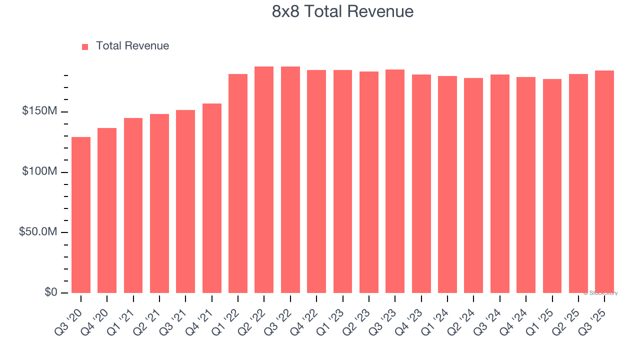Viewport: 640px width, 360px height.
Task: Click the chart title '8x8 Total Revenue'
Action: coord(342,11)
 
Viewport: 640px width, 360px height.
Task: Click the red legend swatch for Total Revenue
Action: coord(85,46)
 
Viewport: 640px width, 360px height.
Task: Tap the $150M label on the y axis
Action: coord(39,111)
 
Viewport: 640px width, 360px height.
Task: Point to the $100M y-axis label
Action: coord(39,171)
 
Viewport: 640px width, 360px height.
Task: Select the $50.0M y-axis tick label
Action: coord(37,232)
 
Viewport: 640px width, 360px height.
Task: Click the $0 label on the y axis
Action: coord(50,292)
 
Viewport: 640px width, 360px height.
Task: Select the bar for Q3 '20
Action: coord(81,215)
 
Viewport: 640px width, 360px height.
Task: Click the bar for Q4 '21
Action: coord(212,198)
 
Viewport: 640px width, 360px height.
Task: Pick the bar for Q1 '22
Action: coord(238,183)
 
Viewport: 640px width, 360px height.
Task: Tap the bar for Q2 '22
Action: coord(264,180)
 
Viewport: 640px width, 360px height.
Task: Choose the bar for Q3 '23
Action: coord(395,181)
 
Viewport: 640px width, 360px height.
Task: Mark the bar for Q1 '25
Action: coord(552,186)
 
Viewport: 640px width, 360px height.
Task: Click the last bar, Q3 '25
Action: coord(604,181)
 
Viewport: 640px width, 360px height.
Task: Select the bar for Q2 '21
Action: coord(159,203)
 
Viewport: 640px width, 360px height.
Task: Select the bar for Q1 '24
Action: coord(447,184)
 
